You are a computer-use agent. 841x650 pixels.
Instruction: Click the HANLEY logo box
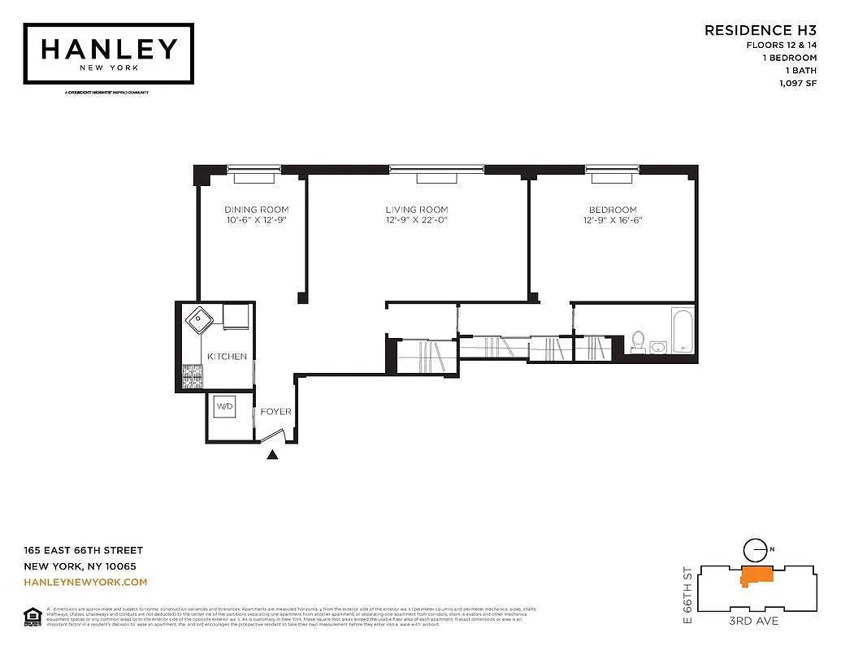pyautogui.click(x=109, y=53)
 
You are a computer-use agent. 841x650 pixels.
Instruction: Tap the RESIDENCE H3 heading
pyautogui.click(x=760, y=30)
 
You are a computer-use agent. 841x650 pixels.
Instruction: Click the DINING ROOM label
pyautogui.click(x=256, y=210)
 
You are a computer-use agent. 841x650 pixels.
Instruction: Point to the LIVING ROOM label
pyautogui.click(x=416, y=210)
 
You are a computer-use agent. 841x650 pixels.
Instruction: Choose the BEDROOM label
pyautogui.click(x=613, y=210)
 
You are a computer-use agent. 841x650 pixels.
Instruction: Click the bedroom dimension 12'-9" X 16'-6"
pyautogui.click(x=613, y=220)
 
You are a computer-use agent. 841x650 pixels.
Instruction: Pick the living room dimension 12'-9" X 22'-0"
pyautogui.click(x=416, y=220)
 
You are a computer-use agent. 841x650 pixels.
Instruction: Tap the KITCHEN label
pyautogui.click(x=227, y=357)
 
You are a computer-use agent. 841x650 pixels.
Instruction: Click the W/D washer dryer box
pyautogui.click(x=224, y=405)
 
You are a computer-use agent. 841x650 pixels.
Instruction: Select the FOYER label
pyautogui.click(x=275, y=412)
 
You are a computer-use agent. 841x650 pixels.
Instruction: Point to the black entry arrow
pyautogui.click(x=273, y=455)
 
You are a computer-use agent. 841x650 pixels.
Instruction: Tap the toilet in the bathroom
pyautogui.click(x=638, y=341)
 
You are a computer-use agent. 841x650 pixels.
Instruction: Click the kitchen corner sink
pyautogui.click(x=199, y=319)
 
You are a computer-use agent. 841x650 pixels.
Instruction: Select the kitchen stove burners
pyautogui.click(x=193, y=376)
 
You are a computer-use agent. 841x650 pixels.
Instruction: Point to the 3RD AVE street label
pyautogui.click(x=753, y=622)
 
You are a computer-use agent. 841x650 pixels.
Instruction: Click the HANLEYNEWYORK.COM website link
pyautogui.click(x=85, y=583)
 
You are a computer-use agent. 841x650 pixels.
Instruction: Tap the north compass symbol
pyautogui.click(x=756, y=549)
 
